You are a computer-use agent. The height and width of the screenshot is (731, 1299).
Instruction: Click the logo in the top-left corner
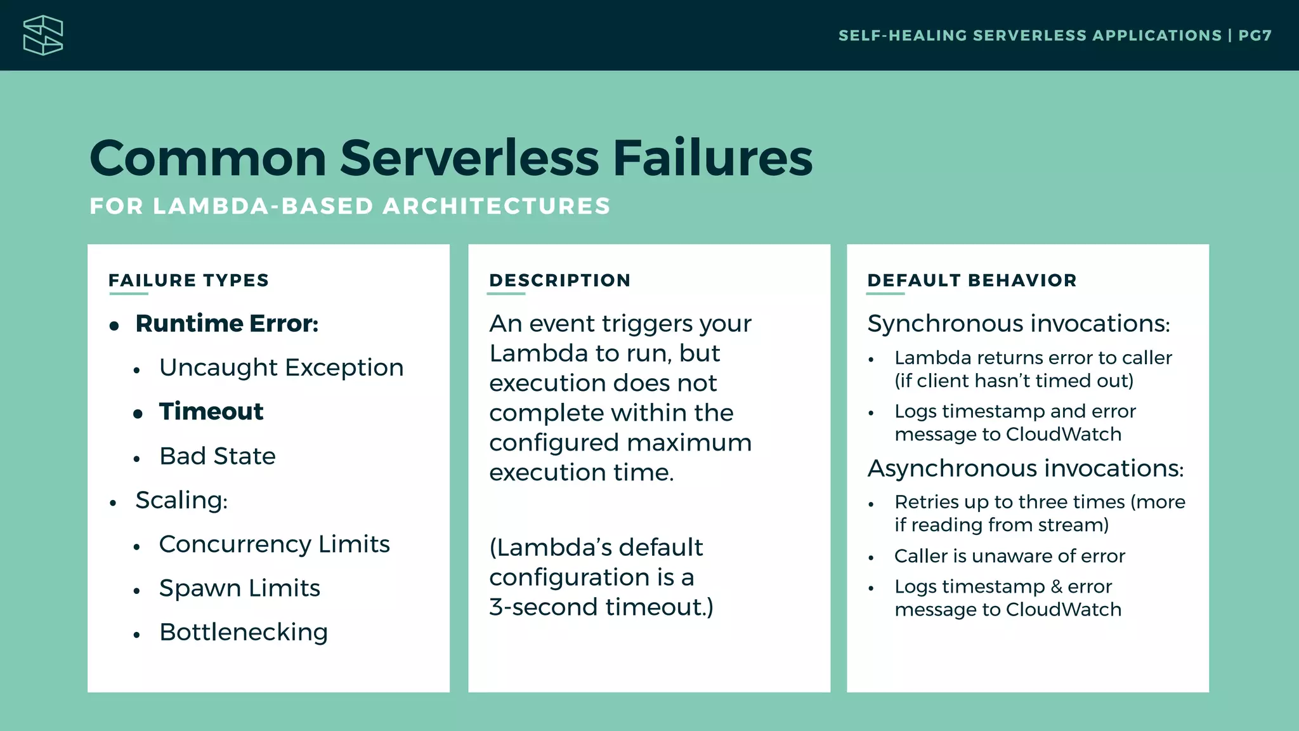pos(43,36)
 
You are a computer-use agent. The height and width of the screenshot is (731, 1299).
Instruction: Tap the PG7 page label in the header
pos(1255,36)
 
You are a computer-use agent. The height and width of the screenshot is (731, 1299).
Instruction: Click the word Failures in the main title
pos(712,158)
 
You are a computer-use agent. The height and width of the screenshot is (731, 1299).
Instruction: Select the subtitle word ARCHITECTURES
pos(497,206)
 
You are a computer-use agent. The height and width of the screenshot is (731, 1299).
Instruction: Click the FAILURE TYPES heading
pos(188,280)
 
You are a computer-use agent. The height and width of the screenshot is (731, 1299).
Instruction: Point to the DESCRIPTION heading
pos(559,280)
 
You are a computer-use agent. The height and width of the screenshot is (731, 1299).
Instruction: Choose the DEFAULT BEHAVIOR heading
pos(972,280)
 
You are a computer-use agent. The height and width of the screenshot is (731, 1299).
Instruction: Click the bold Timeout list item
pos(211,412)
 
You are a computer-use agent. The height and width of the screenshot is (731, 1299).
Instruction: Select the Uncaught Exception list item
pos(281,367)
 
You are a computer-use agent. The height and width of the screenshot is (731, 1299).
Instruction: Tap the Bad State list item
pos(218,456)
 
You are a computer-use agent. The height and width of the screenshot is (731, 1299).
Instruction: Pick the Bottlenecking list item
pos(244,632)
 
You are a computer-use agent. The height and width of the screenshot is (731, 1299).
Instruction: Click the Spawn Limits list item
pos(240,588)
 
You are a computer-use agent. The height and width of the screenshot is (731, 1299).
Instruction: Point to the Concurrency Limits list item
pos(274,544)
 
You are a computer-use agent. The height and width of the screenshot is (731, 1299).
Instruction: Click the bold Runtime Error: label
pos(226,324)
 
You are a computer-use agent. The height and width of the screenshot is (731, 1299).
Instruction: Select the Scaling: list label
pos(181,500)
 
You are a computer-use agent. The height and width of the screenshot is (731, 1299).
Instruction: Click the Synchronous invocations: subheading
pos(1018,324)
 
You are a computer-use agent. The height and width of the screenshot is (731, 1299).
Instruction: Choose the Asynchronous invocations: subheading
pos(1025,468)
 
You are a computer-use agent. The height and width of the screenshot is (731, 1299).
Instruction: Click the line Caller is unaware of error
pos(1009,556)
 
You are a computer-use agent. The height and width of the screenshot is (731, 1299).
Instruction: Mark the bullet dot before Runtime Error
pos(114,326)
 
